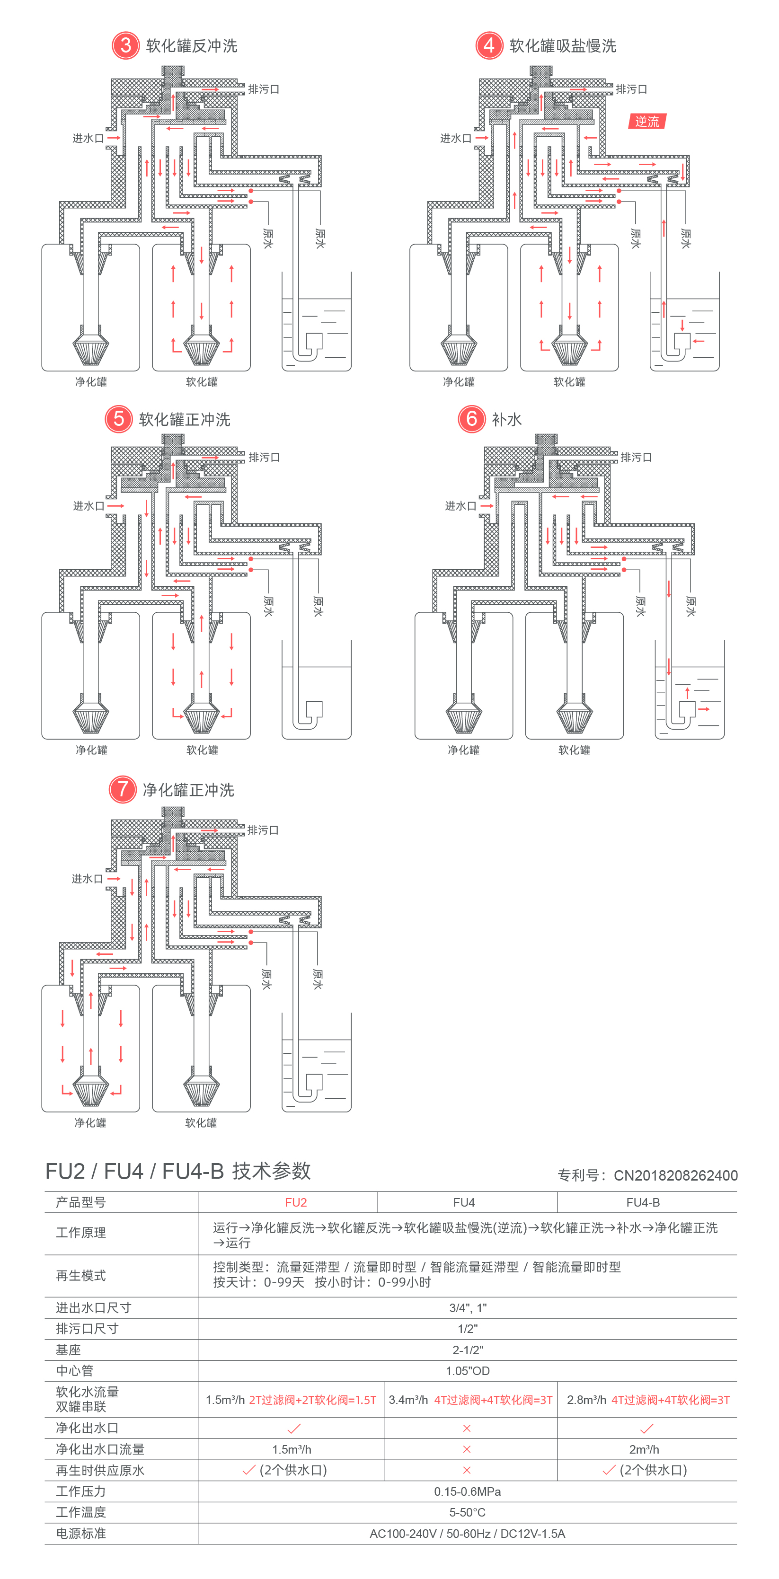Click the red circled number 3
125,45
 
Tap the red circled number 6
471,419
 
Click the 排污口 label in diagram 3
264,89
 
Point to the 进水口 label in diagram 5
88,506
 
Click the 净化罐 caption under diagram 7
90,1122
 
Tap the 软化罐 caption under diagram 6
574,750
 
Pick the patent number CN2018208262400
675,1175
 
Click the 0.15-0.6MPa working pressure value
467,1491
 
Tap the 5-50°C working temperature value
467,1512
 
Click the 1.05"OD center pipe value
467,1371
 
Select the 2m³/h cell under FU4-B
644,1449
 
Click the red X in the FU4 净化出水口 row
467,1428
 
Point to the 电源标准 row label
81,1533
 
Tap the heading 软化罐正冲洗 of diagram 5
185,419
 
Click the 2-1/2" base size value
467,1350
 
